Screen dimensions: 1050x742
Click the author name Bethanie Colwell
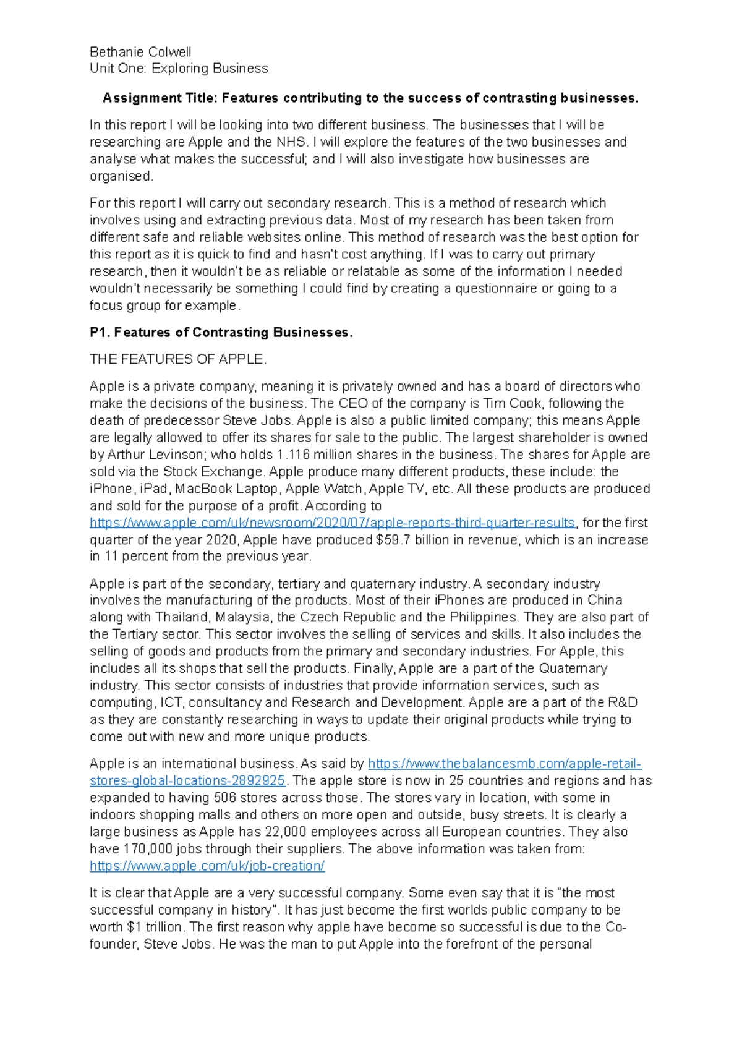point(140,52)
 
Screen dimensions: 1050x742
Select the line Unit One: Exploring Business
point(179,69)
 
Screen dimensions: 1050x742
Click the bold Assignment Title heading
point(370,98)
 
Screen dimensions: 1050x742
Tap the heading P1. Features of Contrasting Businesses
point(221,333)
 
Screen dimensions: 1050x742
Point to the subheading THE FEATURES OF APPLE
point(178,359)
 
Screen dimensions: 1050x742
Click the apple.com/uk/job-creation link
point(207,866)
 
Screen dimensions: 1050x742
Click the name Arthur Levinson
point(150,455)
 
